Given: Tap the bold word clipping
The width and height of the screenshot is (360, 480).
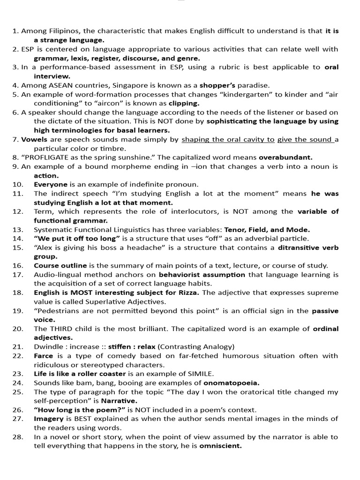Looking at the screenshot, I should pyautogui.click(x=184, y=103).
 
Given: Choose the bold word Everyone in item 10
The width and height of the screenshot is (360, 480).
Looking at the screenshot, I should pyautogui.click(x=50, y=184).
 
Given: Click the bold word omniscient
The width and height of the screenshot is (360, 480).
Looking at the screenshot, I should pyautogui.click(x=220, y=446).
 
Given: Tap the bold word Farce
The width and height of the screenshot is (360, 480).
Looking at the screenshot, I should pyautogui.click(x=44, y=356).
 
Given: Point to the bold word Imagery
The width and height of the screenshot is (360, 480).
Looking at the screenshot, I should pyautogui.click(x=48, y=419).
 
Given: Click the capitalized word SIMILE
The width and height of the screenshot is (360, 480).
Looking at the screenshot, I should pyautogui.click(x=199, y=374).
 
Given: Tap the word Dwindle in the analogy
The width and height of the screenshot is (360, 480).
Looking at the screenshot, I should pyautogui.click(x=49, y=347).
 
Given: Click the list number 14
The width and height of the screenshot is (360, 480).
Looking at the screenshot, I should pyautogui.click(x=18, y=239).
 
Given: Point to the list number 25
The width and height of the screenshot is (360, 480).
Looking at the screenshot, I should pyautogui.click(x=18, y=392).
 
